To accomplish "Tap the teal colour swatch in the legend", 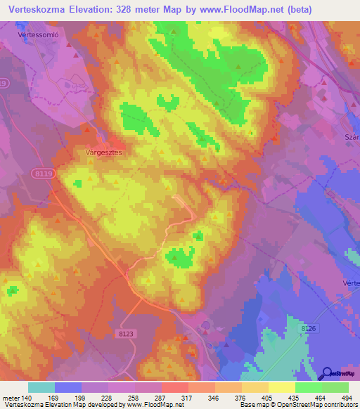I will (x=41, y=387).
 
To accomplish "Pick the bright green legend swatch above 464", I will (x=308, y=387).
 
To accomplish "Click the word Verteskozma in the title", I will (x=35, y=8).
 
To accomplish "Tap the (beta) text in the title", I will (x=293, y=8).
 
